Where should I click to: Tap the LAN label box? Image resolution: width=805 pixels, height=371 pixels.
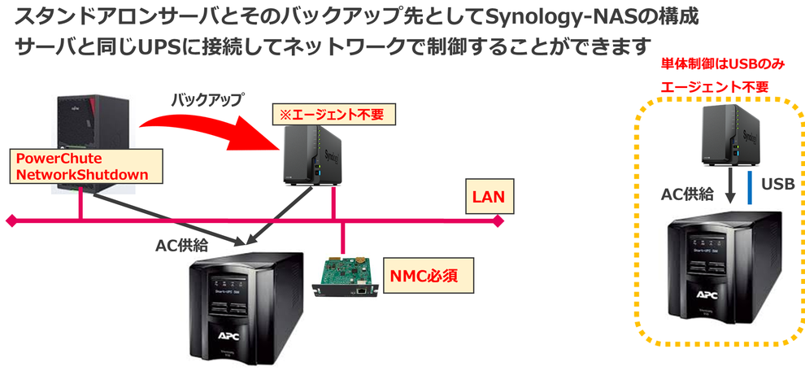tap(490, 196)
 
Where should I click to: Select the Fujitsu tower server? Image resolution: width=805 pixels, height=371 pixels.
tap(89, 130)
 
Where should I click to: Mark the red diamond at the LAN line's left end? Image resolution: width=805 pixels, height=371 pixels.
tap(11, 220)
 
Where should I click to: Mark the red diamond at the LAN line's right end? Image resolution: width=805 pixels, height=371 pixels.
tap(499, 220)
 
